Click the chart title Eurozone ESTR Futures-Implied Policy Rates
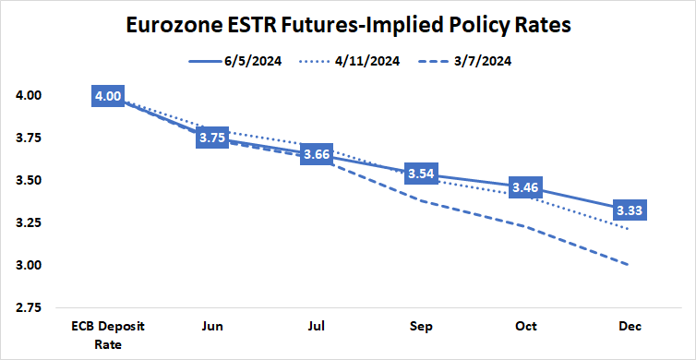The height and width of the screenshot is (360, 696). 348,25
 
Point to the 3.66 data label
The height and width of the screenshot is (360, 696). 316,153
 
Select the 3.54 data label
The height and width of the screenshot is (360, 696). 420,174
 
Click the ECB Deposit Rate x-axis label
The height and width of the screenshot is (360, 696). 108,333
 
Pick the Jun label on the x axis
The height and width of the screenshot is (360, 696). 211,327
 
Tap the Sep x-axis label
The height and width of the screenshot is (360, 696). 420,327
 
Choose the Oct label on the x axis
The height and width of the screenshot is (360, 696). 524,327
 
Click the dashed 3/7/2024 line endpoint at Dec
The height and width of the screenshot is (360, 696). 628,265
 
